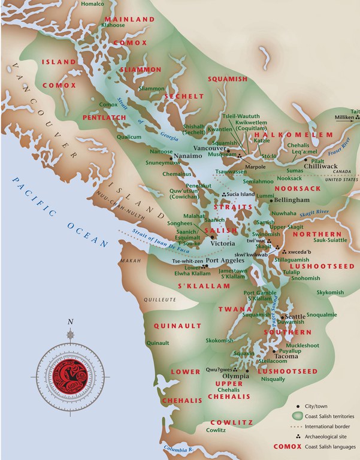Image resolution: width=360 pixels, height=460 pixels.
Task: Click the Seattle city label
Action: (295, 316)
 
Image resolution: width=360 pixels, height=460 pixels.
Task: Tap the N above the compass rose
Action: (71, 322)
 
